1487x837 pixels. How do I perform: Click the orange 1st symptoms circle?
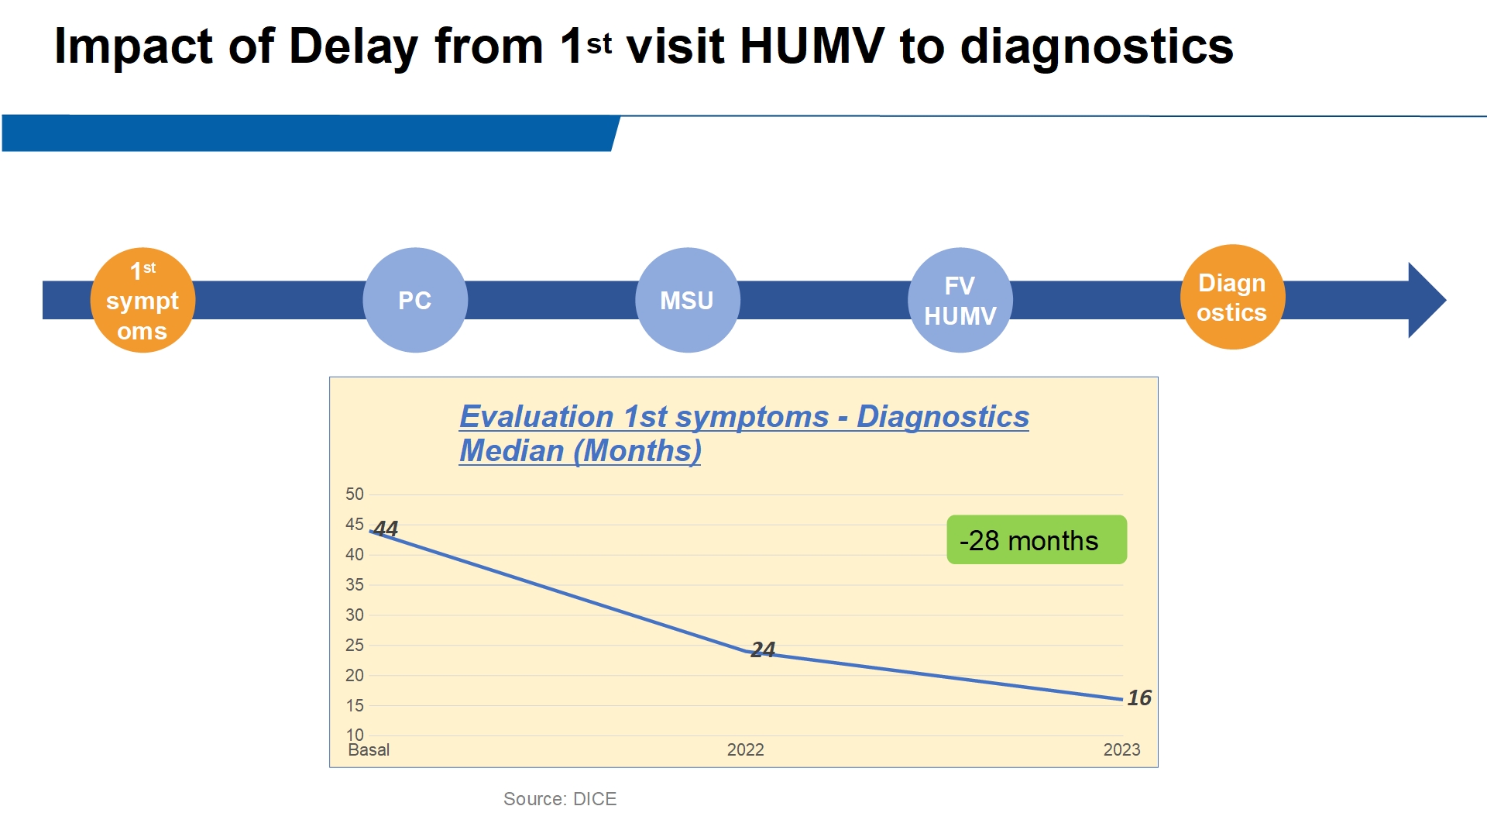(143, 301)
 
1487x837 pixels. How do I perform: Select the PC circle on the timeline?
(415, 301)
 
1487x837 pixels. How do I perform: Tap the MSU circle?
(687, 301)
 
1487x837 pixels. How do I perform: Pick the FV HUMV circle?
(960, 301)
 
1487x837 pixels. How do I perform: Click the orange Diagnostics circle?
(1232, 298)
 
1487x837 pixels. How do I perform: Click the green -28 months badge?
(1036, 540)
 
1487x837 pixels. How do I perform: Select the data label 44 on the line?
(386, 529)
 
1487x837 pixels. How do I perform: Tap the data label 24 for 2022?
(763, 649)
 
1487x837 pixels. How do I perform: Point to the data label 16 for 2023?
(1138, 697)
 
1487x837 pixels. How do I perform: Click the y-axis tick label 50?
(355, 494)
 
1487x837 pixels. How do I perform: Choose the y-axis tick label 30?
(355, 615)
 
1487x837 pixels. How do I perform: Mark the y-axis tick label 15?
(355, 705)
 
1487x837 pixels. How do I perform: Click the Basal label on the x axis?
(369, 749)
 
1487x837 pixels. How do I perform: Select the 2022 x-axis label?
(745, 749)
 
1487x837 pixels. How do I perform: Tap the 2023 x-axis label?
(1121, 749)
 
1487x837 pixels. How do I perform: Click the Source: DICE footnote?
(560, 799)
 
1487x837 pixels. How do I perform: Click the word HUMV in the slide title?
(812, 46)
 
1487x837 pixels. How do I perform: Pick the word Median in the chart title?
(511, 451)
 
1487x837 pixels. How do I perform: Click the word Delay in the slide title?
(354, 46)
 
